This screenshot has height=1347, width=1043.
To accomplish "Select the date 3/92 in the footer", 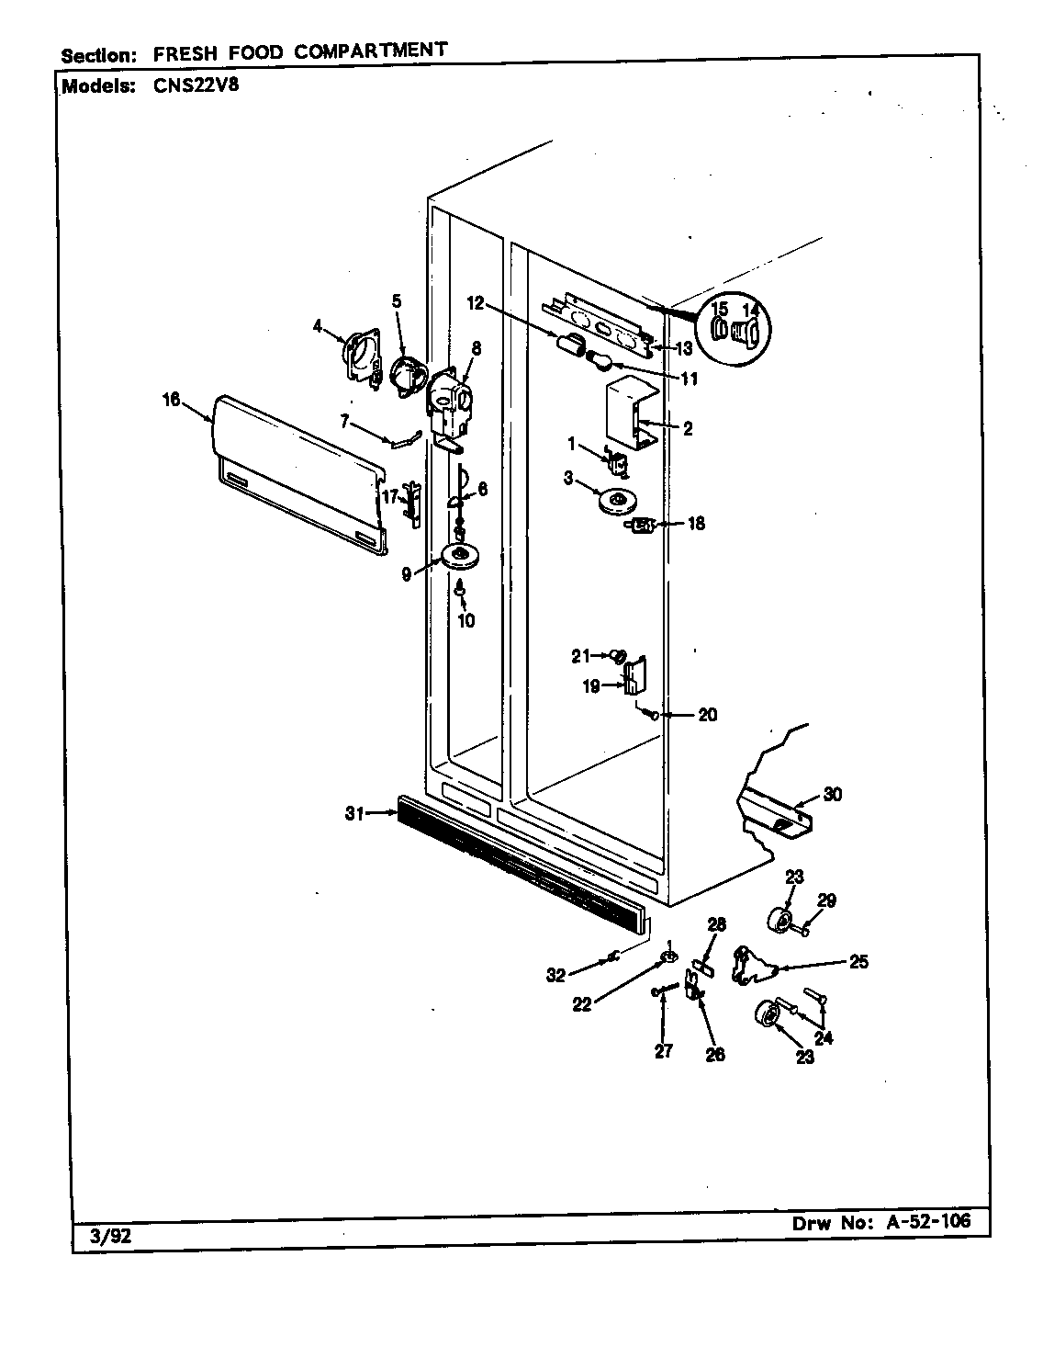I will tap(111, 1236).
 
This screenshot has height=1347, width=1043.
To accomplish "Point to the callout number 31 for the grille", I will tap(354, 812).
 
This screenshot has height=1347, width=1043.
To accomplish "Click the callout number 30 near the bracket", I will tap(832, 794).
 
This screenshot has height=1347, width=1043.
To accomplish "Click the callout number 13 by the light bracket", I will tap(684, 348).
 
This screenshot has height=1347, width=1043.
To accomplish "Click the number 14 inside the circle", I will tap(751, 310).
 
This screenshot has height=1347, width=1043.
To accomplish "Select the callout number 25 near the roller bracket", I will tap(858, 962).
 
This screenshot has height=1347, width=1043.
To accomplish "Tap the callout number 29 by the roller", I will tap(826, 900).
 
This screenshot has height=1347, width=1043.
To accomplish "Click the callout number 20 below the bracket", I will tap(707, 714).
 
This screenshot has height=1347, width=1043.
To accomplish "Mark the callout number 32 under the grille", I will tap(556, 976).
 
